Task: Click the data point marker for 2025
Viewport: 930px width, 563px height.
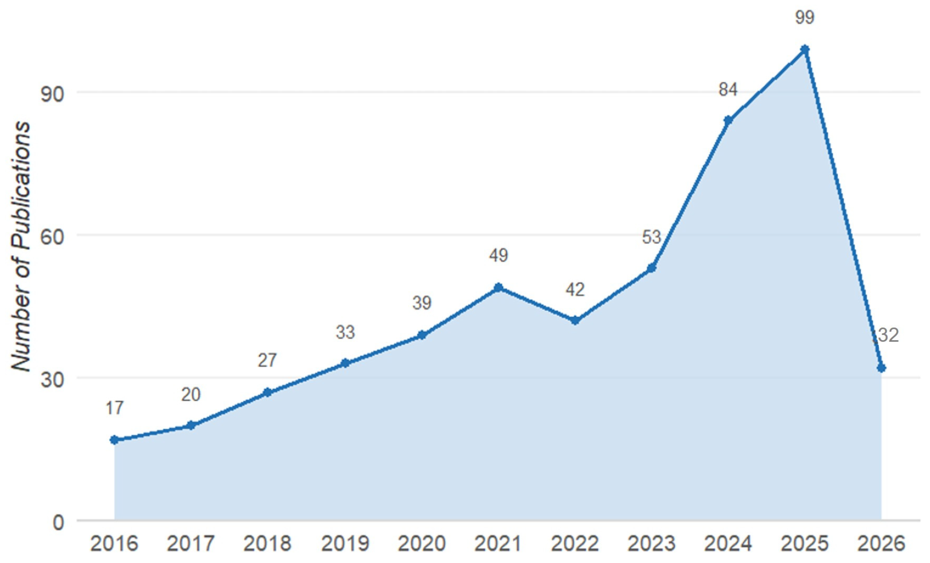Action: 805,49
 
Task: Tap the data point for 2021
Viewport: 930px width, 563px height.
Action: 498,288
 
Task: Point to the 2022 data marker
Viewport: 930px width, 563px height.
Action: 575,321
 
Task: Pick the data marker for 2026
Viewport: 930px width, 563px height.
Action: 881,368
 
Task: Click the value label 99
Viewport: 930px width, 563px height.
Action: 805,17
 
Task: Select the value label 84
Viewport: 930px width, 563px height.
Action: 728,90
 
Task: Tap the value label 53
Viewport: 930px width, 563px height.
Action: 651,237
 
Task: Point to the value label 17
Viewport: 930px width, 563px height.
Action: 114,408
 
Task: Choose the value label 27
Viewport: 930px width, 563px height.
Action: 267,360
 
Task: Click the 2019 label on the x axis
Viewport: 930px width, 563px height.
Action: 345,544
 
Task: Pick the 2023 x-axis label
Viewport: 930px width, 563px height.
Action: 651,544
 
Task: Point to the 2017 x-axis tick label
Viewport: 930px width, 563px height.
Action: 191,544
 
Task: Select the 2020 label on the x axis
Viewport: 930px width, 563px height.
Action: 422,544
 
